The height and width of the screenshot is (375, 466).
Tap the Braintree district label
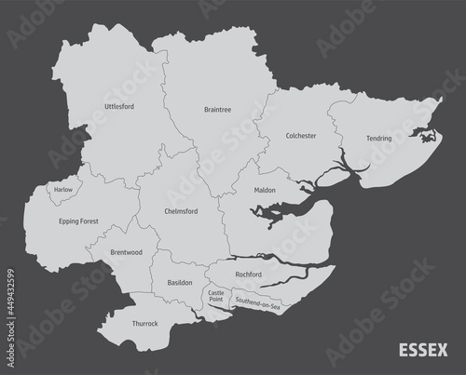(217, 110)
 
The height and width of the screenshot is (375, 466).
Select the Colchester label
(301, 136)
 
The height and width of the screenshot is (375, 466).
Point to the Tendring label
(379, 138)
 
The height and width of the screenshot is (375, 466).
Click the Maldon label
(265, 191)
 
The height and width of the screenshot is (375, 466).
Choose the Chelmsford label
(181, 211)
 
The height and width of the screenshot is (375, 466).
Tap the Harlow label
(63, 189)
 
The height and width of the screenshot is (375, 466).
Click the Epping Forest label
(78, 222)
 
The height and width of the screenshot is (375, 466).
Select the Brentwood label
(126, 252)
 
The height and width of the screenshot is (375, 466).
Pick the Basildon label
(179, 282)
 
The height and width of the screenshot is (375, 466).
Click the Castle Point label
(216, 297)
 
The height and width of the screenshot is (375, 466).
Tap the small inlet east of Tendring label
(428, 140)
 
